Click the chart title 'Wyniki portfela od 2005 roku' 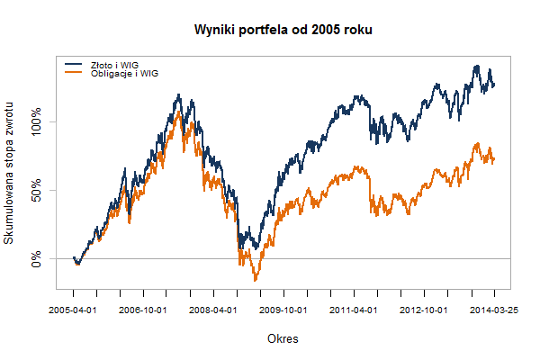click(283, 31)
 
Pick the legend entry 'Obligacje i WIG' click(124, 73)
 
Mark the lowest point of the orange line click(255, 281)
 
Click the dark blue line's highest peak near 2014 click(476, 67)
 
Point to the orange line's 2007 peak click(178, 113)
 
